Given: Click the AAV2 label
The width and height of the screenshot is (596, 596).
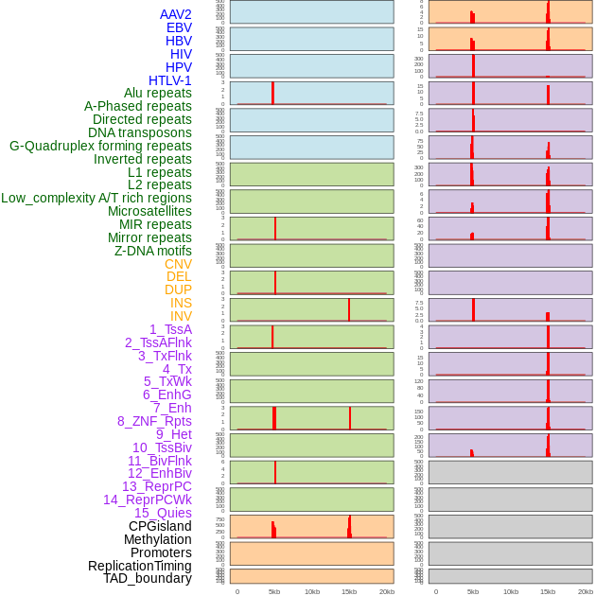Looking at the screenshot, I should pyautogui.click(x=175, y=14).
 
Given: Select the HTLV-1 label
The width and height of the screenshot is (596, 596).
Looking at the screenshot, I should pyautogui.click(x=169, y=80).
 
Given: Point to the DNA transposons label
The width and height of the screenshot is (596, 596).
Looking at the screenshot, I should pyautogui.click(x=140, y=132).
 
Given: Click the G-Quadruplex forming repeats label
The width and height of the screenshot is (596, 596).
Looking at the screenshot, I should pyautogui.click(x=100, y=146).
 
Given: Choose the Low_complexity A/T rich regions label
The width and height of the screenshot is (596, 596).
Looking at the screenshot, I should pyautogui.click(x=96, y=198).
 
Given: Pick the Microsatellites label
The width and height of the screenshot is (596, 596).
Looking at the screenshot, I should pyautogui.click(x=149, y=211).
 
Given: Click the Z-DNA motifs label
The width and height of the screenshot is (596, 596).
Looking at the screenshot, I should pyautogui.click(x=153, y=251).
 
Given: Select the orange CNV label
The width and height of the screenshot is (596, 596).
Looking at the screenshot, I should pyautogui.click(x=178, y=264).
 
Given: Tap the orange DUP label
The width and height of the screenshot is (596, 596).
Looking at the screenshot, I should pyautogui.click(x=178, y=289).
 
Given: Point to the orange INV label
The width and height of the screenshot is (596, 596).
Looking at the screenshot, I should pyautogui.click(x=181, y=316).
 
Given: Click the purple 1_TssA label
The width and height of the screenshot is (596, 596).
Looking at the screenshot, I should pyautogui.click(x=170, y=329).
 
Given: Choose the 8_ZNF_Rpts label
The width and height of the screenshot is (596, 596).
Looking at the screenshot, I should pyautogui.click(x=154, y=421).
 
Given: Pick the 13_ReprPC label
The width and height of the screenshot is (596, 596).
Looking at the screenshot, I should pyautogui.click(x=156, y=486).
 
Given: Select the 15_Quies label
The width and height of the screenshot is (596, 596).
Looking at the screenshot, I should pyautogui.click(x=163, y=513).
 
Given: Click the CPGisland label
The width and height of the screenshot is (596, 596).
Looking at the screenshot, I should pyautogui.click(x=160, y=526).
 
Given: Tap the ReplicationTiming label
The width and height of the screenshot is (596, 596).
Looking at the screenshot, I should pyautogui.click(x=140, y=566).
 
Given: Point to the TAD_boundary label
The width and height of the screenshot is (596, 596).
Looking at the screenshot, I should pyautogui.click(x=148, y=578).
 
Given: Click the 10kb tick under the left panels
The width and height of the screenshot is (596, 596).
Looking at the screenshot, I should pyautogui.click(x=312, y=591).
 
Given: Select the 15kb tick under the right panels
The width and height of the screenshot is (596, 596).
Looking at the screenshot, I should pyautogui.click(x=548, y=591).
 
